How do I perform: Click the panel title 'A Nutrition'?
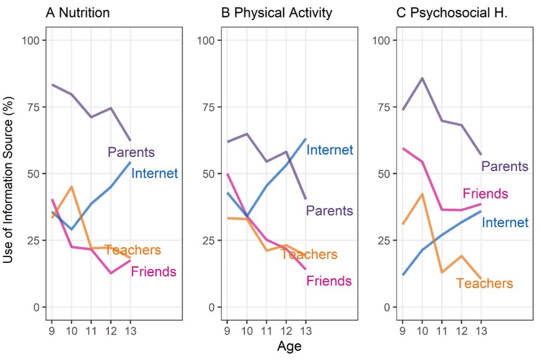pyautogui.click(x=78, y=12)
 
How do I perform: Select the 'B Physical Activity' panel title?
pyautogui.click(x=276, y=12)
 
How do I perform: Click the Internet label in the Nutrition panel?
pyautogui.click(x=154, y=173)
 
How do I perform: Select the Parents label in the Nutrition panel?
pyautogui.click(x=131, y=152)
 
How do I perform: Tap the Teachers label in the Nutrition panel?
pyautogui.click(x=133, y=250)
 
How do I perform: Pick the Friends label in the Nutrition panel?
pyautogui.click(x=153, y=271)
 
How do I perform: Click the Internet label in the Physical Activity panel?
pyautogui.click(x=329, y=150)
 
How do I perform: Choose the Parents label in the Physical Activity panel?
pyautogui.click(x=329, y=210)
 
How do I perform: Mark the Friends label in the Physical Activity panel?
pyautogui.click(x=329, y=281)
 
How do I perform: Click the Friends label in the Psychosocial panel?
pyautogui.click(x=485, y=193)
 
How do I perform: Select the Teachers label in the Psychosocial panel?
pyautogui.click(x=484, y=283)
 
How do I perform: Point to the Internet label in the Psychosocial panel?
pyautogui.click(x=505, y=222)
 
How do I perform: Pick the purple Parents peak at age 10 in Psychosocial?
pyautogui.click(x=422, y=78)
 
